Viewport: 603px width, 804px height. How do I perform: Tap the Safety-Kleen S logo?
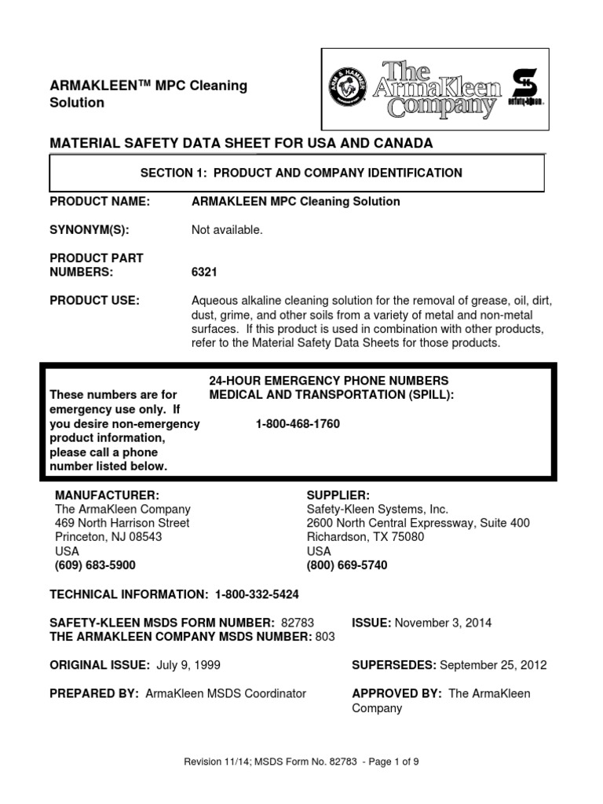click(x=526, y=87)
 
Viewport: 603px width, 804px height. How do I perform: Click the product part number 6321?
click(x=204, y=272)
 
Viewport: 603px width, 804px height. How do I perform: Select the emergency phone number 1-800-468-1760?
click(x=298, y=424)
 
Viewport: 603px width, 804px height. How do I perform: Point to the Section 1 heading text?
click(x=301, y=173)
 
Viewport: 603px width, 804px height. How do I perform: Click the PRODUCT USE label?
click(x=94, y=301)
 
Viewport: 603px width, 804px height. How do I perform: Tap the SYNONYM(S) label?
click(x=89, y=230)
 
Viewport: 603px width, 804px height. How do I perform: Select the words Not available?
click(x=227, y=230)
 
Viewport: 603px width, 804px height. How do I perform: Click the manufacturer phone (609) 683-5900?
click(x=95, y=565)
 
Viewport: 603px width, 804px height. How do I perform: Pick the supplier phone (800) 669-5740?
click(x=346, y=565)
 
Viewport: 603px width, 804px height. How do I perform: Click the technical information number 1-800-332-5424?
click(x=251, y=594)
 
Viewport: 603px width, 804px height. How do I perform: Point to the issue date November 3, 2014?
click(x=443, y=623)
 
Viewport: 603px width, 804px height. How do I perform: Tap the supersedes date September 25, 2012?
click(x=493, y=665)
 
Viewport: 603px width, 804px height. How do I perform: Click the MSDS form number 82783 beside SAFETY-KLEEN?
click(x=297, y=623)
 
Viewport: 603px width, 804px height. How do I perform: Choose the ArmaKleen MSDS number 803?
click(x=324, y=637)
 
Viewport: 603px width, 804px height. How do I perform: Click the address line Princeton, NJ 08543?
click(x=108, y=537)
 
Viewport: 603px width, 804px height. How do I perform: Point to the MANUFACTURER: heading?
click(x=107, y=495)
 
